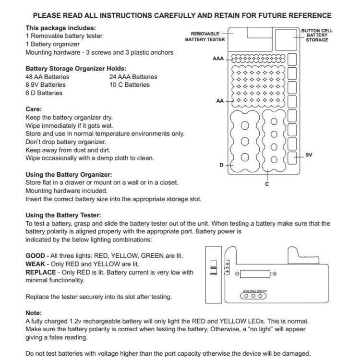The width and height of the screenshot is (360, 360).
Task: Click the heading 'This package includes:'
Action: click(60, 28)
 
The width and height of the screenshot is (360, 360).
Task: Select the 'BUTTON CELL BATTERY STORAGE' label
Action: click(317, 35)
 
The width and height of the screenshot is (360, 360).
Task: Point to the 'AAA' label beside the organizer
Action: click(218, 59)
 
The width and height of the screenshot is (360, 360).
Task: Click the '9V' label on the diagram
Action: click(309, 155)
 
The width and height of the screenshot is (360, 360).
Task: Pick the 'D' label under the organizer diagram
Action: click(221, 165)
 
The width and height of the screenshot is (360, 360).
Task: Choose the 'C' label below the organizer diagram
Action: click(267, 184)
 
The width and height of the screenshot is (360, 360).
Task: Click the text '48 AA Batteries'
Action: click(47, 77)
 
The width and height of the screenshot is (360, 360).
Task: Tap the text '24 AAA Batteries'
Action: click(133, 77)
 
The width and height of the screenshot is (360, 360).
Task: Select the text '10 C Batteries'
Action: click(130, 85)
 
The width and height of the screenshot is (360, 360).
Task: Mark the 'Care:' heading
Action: click(34, 109)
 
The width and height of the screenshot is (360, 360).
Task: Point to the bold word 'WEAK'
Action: click(35, 264)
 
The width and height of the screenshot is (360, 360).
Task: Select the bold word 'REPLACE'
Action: click(41, 272)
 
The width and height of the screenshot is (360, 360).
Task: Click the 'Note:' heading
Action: click(34, 313)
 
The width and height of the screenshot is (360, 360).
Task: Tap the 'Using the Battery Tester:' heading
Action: click(63, 216)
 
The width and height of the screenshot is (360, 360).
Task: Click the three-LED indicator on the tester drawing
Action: click(253, 296)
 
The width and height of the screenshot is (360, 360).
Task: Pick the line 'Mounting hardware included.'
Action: click(66, 191)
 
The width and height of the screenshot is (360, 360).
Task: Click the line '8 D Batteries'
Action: click(44, 93)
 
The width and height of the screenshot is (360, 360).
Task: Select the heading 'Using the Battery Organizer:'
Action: click(69, 174)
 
